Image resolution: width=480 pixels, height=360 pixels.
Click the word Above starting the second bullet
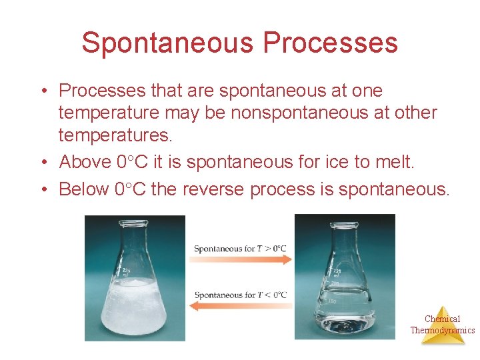84,162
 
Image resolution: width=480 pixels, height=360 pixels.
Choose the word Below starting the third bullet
84,189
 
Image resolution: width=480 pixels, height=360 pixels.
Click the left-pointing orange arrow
242,306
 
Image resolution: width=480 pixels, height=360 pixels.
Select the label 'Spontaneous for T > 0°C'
240,249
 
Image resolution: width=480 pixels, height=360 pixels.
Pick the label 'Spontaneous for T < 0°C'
240,295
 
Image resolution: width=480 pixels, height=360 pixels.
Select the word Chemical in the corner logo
443,319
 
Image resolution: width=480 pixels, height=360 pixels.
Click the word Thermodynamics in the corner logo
443,330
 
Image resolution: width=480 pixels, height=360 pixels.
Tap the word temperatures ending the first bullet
115,136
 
